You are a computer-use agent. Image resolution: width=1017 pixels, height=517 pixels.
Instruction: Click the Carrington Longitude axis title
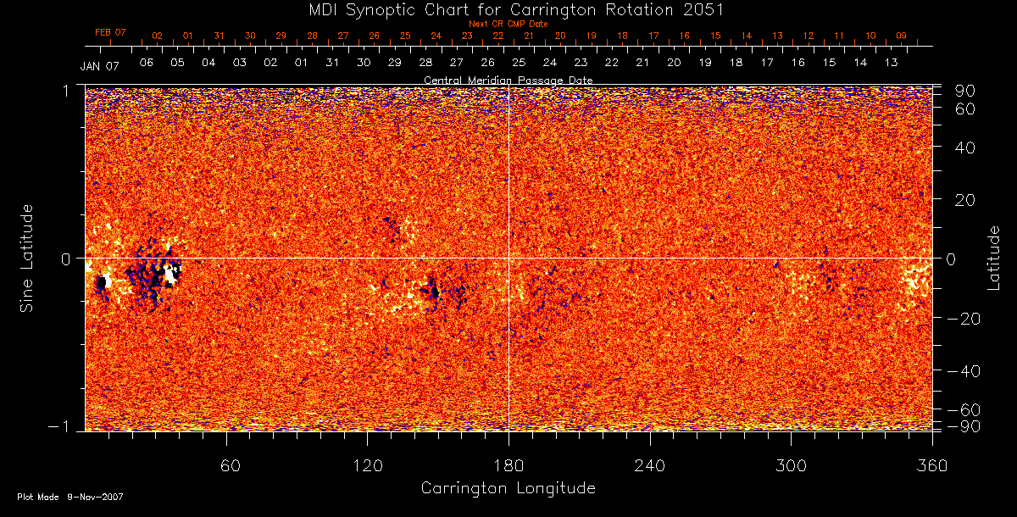pos(508,488)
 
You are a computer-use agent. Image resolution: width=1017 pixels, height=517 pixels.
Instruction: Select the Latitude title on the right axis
pos(994,258)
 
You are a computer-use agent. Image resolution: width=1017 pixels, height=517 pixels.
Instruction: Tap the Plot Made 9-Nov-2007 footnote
pos(69,497)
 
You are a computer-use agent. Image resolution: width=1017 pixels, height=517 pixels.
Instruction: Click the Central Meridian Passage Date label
pos(508,80)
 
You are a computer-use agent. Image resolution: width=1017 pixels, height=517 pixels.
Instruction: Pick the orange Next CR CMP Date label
pos(508,24)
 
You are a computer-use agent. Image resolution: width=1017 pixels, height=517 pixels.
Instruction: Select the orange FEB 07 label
pos(110,32)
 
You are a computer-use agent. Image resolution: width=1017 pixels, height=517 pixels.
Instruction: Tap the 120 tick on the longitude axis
pos(367,465)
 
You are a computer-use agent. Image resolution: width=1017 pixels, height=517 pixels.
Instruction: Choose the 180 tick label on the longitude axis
pos(508,465)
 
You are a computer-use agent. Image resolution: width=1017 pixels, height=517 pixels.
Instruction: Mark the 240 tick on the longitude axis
pos(649,465)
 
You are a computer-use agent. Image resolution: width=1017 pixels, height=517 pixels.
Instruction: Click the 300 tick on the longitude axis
pos(790,465)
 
